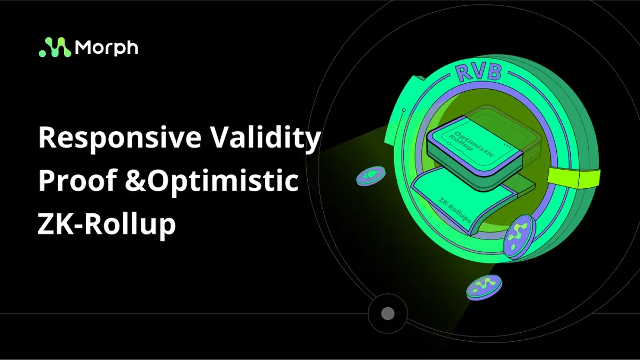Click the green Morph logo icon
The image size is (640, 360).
coord(55,47)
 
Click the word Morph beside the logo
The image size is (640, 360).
coord(107,47)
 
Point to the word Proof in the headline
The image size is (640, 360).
coord(74,182)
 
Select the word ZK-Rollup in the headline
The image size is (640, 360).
coord(107,224)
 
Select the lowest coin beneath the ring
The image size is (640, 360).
coord(484,287)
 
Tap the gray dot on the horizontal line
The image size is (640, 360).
coord(388,314)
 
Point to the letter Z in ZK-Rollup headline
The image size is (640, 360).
coord(46,224)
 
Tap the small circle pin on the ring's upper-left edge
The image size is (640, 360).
coord(404,110)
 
